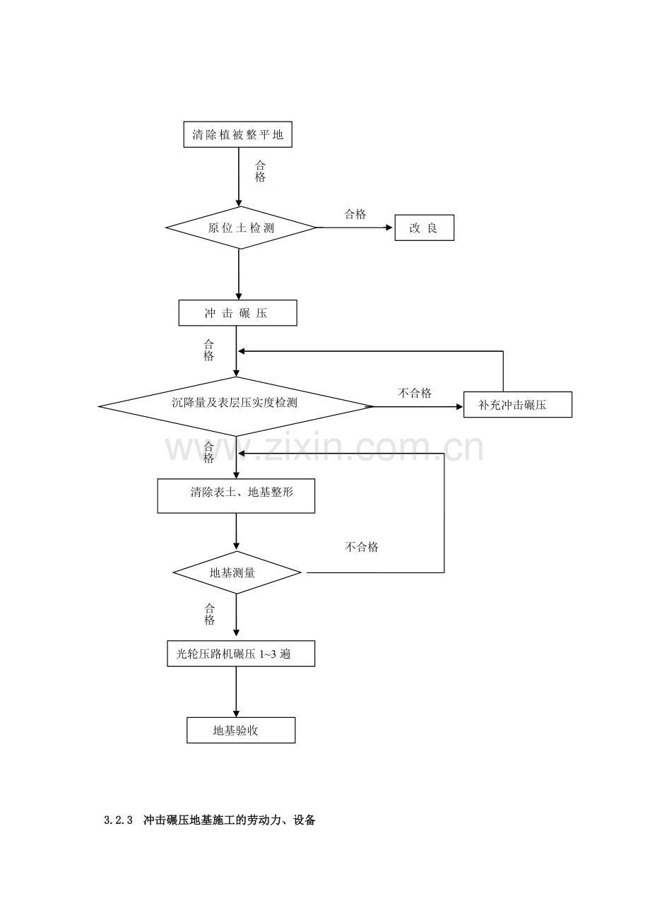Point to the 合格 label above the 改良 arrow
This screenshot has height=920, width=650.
(x=355, y=214)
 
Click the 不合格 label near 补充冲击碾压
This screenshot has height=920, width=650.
(x=415, y=394)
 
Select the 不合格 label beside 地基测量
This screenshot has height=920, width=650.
(x=361, y=547)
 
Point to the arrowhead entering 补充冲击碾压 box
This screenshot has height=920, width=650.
(x=459, y=406)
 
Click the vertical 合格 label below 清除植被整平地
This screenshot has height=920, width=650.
(x=260, y=171)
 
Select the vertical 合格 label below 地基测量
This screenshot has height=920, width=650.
(x=209, y=614)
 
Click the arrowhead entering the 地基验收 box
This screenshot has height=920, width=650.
(x=236, y=714)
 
